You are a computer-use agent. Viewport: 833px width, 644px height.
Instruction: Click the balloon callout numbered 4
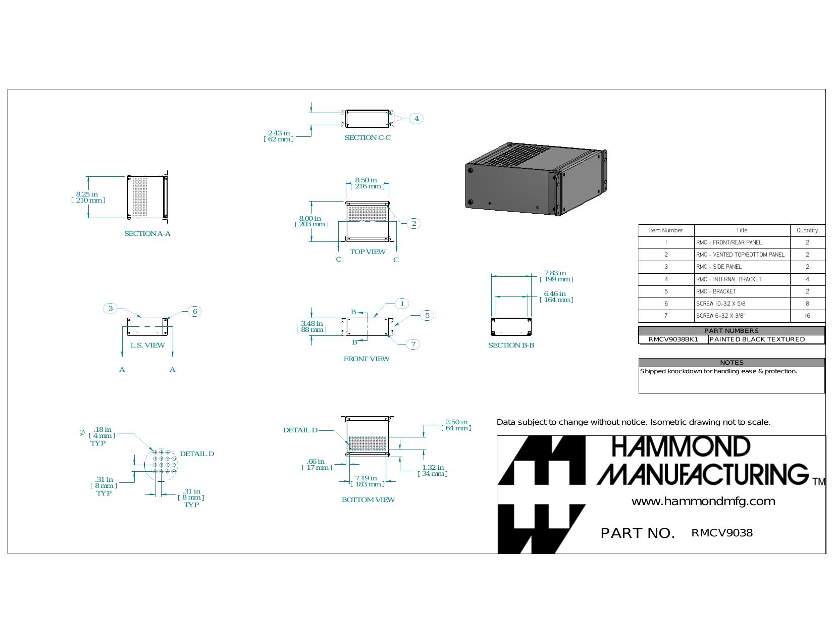[416, 118]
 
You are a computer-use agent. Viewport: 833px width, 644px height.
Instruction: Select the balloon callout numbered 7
[413, 344]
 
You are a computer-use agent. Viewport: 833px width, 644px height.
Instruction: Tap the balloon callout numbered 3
[111, 308]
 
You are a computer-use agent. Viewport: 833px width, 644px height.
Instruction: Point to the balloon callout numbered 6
[195, 311]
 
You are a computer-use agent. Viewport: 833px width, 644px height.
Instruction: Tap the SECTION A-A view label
[147, 233]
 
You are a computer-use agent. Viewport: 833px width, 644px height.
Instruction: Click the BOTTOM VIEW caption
[368, 500]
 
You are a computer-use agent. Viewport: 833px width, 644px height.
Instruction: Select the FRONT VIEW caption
[367, 359]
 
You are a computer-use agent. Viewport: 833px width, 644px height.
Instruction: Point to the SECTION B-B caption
[511, 345]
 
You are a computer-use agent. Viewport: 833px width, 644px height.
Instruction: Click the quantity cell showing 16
[807, 316]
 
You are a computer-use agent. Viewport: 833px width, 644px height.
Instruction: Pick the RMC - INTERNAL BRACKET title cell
[728, 279]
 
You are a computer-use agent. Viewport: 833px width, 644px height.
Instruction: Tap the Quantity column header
[807, 230]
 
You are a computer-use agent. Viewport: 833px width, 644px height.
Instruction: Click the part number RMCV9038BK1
[673, 339]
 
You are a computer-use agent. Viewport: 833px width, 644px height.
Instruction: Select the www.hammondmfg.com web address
[703, 501]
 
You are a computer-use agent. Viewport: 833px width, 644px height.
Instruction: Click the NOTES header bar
[732, 363]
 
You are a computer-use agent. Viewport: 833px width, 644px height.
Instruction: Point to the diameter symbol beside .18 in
[82, 433]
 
